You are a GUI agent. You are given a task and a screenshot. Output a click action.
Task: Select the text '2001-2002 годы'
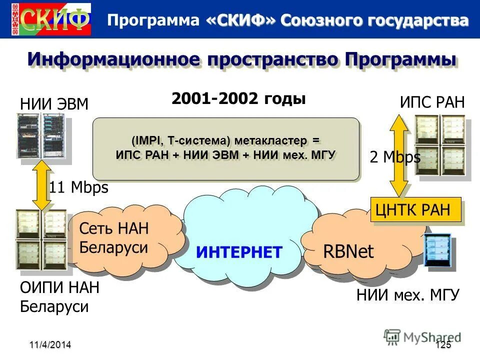pos(238,98)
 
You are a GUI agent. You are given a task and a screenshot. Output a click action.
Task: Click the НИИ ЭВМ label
pos(54,104)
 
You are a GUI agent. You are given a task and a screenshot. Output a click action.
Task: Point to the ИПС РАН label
pos(432,102)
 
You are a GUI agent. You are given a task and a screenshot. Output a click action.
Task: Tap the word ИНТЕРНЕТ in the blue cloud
pos(239,251)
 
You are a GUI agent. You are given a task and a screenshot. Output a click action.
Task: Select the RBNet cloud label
pos(348,251)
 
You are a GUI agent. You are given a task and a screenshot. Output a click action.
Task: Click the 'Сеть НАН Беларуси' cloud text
pos(114,237)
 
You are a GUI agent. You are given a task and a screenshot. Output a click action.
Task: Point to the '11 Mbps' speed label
pos(78,187)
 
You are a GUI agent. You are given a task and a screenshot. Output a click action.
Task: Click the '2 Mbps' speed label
pos(395,157)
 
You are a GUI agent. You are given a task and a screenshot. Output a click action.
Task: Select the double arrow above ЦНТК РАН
pos(398,156)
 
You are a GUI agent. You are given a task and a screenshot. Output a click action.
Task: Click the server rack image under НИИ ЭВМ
pos(41,136)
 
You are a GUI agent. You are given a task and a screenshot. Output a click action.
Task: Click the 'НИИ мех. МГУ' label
pos(407,295)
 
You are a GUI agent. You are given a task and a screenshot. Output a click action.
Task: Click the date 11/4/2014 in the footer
pos(49,344)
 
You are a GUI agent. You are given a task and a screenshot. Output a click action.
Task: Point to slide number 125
pos(443,345)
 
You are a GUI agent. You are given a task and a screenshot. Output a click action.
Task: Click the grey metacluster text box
pos(226,148)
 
